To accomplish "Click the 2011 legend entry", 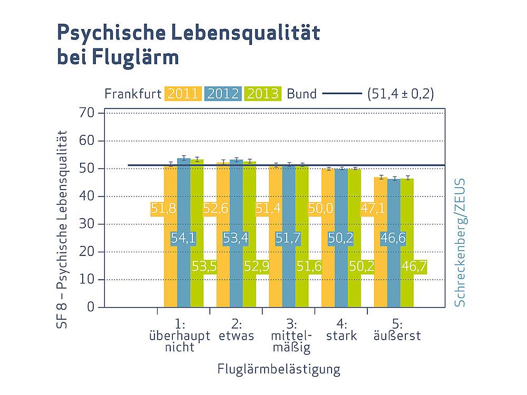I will tap(183, 94).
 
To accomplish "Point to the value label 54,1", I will tap(183, 238).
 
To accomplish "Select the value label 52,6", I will tap(216, 208).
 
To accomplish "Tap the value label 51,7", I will tap(288, 238).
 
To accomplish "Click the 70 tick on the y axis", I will tap(87, 114).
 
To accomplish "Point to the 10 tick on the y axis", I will tap(87, 280).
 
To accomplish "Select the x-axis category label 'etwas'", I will tap(236, 336).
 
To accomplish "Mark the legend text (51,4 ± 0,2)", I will tap(401, 94).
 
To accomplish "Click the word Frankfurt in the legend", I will tap(132, 94).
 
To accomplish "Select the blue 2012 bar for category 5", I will tap(394, 243).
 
